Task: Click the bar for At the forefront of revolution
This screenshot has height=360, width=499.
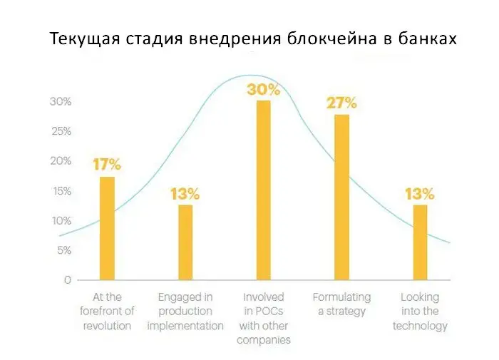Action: pos(107,228)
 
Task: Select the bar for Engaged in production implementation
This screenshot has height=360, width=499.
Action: pos(185,242)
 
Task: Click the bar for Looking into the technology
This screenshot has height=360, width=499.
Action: pos(420,242)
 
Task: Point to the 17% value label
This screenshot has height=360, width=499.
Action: pos(107,165)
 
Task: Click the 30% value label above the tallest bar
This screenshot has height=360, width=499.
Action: pos(264,90)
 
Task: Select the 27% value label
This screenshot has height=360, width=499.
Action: pos(341,103)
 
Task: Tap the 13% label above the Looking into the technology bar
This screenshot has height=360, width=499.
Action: pos(420,194)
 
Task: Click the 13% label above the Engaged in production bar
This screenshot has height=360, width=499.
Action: pos(185,194)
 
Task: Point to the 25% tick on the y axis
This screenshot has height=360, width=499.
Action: pos(61,132)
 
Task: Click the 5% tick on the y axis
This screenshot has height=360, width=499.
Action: pos(63,250)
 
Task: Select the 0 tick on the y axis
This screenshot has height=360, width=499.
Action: pos(67,280)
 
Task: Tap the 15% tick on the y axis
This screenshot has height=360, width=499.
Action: pos(61,191)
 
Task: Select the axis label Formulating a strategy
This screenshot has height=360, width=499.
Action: pos(342,304)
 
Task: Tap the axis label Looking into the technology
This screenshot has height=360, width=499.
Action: pos(420,312)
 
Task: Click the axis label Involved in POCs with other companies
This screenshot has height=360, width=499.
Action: pos(264,319)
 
